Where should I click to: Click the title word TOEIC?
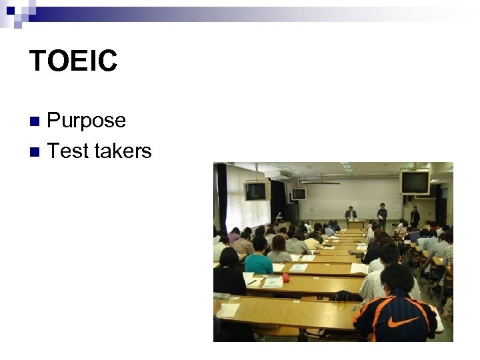click(73, 61)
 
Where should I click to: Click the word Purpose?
click(87, 121)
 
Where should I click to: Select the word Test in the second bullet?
click(68, 151)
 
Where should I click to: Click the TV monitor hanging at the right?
click(414, 182)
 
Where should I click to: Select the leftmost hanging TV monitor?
click(255, 191)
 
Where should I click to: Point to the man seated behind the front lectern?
click(351, 213)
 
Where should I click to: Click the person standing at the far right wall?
click(415, 216)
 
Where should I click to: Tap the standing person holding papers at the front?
click(382, 215)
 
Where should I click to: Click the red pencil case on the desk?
click(285, 277)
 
